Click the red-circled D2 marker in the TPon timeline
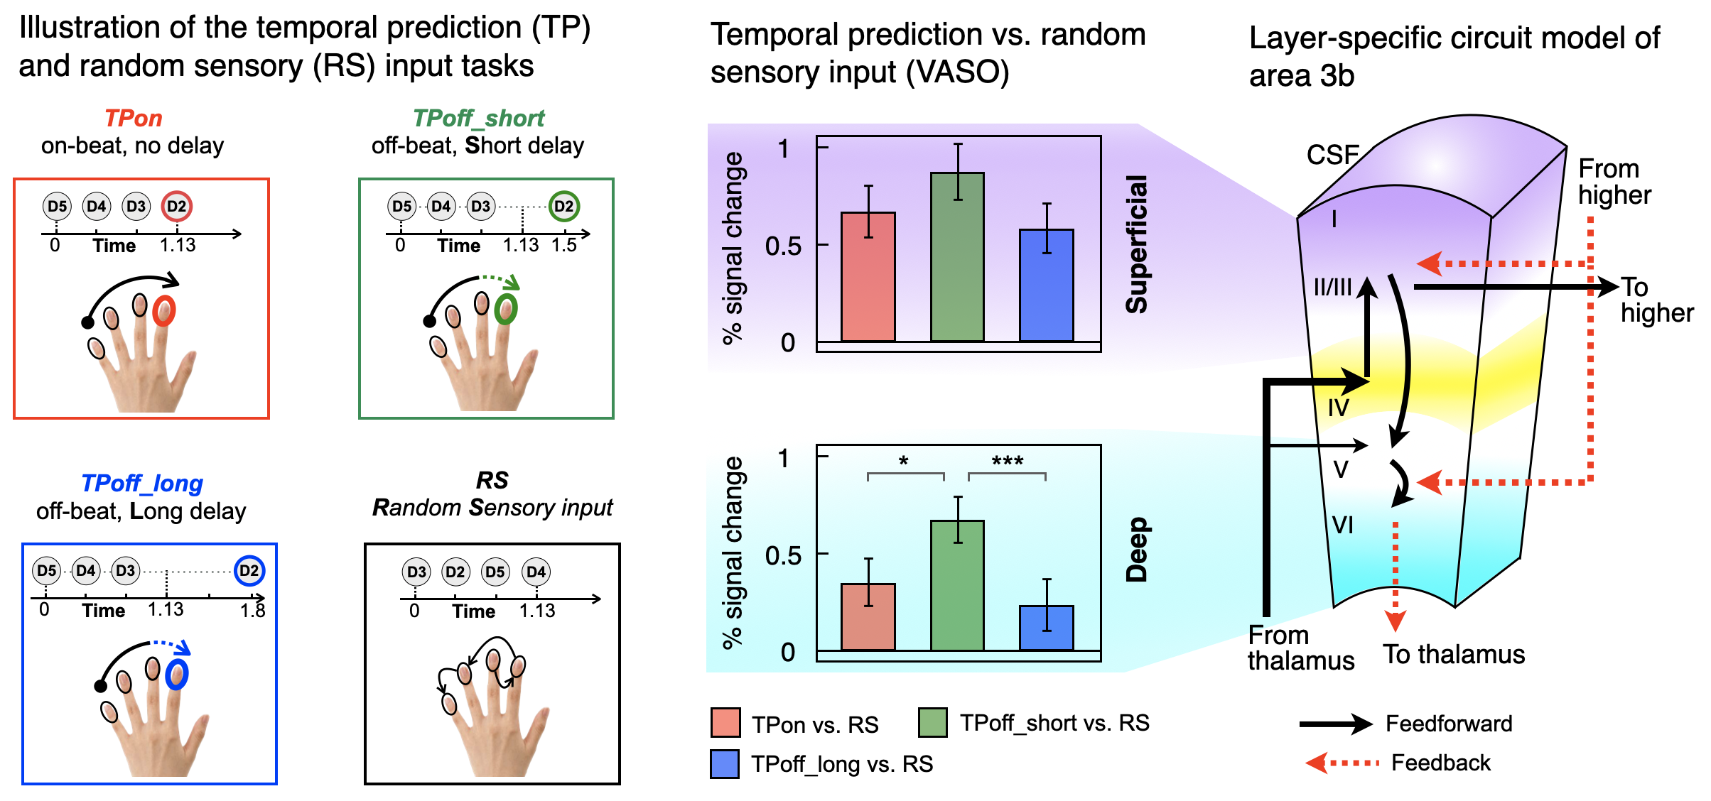coord(176,206)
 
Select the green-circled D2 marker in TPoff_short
coord(563,206)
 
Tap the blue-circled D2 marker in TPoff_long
coord(249,571)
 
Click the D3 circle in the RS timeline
coord(416,572)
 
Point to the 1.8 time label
coord(253,611)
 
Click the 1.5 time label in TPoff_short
coord(564,245)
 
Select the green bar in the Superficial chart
coord(957,257)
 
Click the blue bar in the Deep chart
coord(1047,628)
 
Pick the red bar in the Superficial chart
coord(868,277)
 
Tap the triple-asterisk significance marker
coord(1008,462)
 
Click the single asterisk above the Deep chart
coord(903,462)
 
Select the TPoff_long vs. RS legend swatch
coord(725,764)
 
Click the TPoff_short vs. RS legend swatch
coord(933,723)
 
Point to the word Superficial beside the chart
coord(1137,244)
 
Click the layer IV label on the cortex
coord(1339,408)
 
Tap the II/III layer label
coord(1332,287)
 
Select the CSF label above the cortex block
coord(1333,155)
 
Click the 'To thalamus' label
coord(1454,654)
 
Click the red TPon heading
coord(134,118)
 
